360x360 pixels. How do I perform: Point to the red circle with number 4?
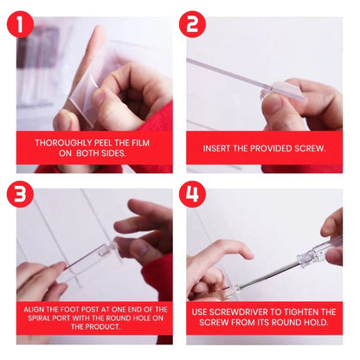click(194, 194)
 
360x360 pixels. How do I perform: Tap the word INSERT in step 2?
click(219, 149)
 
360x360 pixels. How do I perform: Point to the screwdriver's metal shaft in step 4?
click(260, 275)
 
